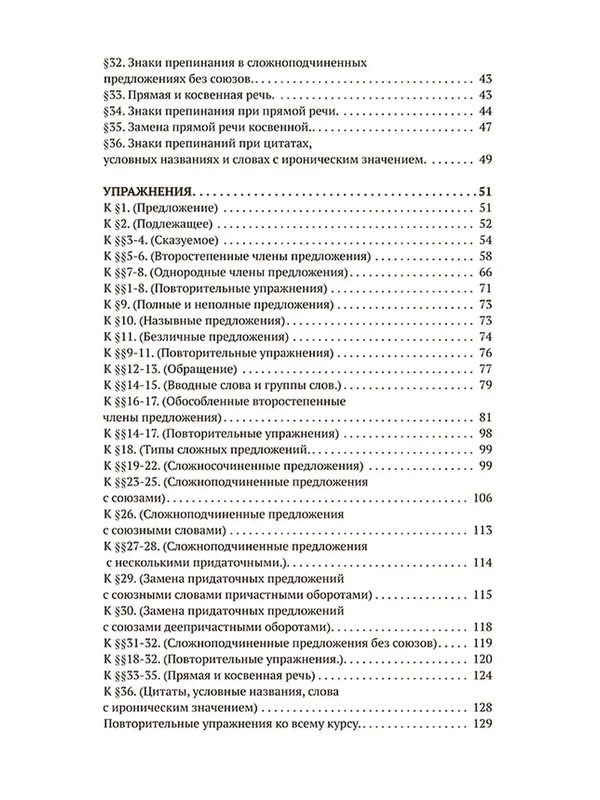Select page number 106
click(481, 499)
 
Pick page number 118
click(481, 627)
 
